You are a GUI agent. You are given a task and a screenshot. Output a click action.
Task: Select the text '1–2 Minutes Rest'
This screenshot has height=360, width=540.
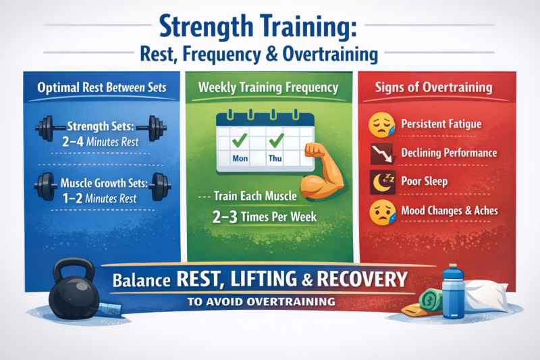pyautogui.click(x=99, y=198)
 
